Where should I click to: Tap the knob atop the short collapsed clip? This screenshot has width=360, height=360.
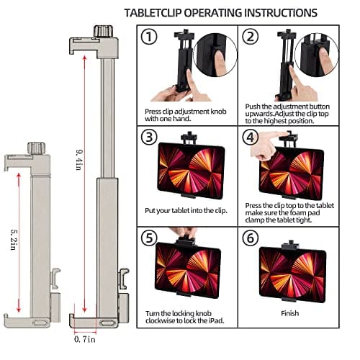click(x=34, y=148)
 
